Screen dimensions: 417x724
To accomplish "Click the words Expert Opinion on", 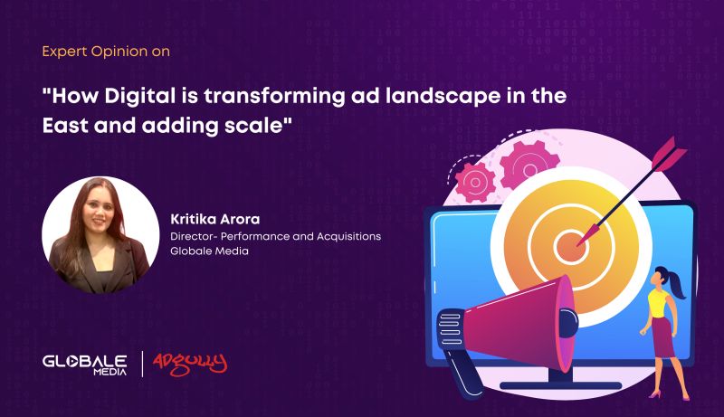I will (x=106, y=52).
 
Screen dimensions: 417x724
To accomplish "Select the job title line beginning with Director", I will (x=275, y=236).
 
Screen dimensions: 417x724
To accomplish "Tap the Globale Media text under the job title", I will (x=209, y=251).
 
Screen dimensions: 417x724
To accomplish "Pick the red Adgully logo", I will (x=189, y=362).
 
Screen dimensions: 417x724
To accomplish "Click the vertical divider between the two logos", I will (x=141, y=363).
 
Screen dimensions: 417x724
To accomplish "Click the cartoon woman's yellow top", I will (x=658, y=299).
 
